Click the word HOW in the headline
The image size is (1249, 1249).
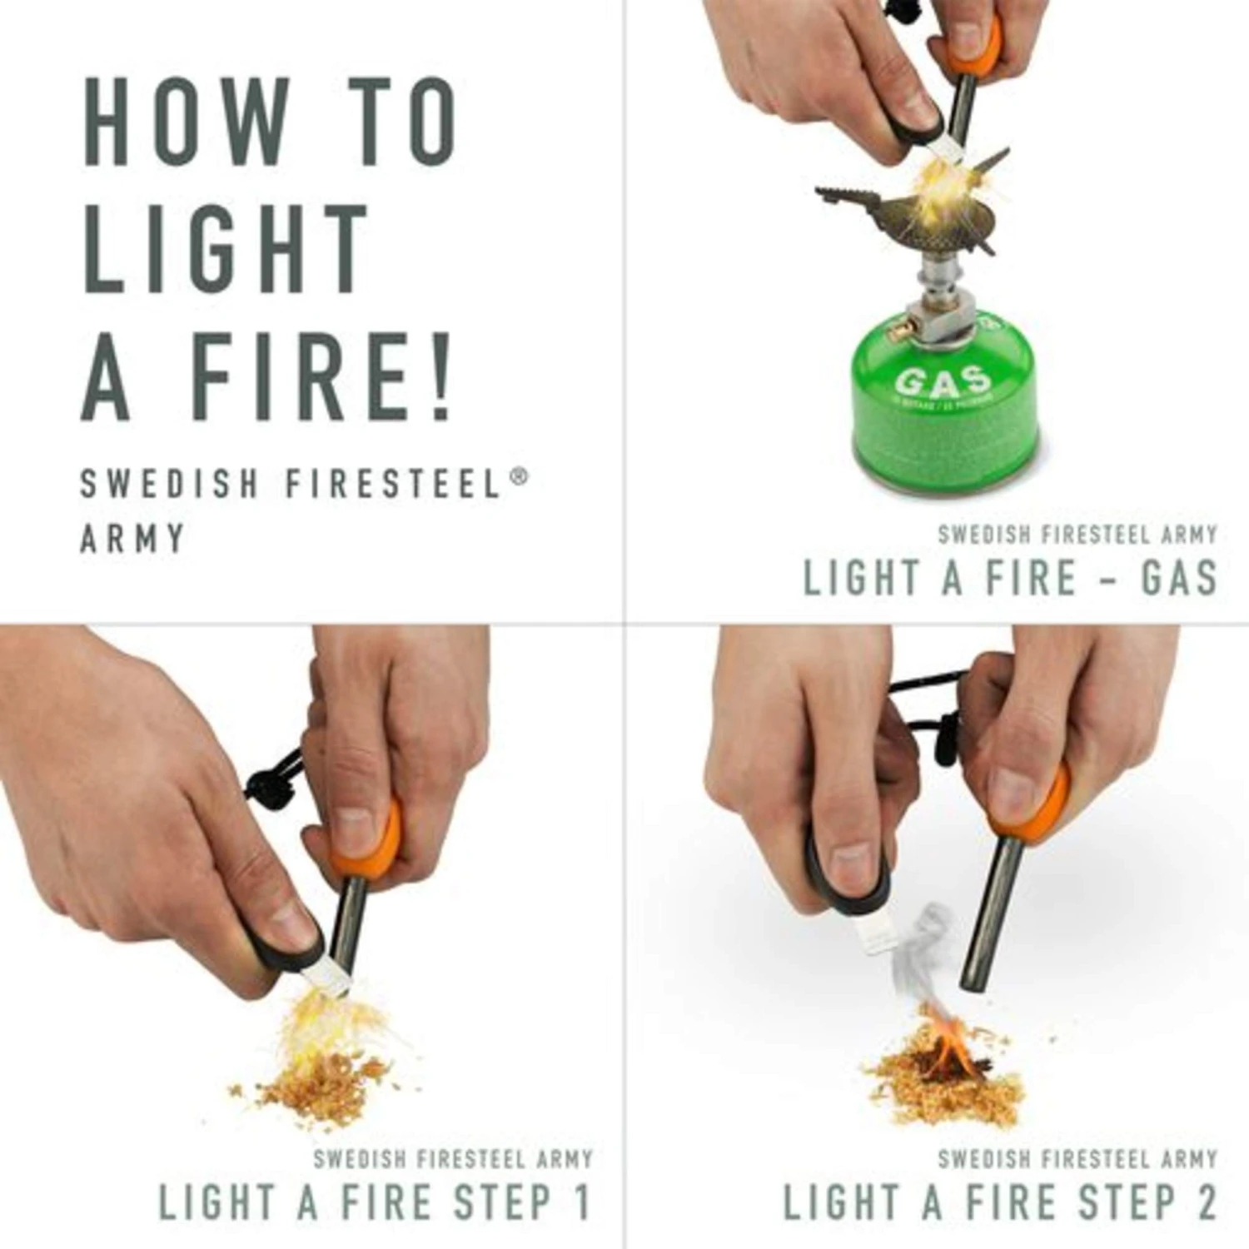click(183, 122)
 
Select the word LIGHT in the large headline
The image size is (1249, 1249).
click(225, 247)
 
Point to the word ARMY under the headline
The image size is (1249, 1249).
click(132, 539)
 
